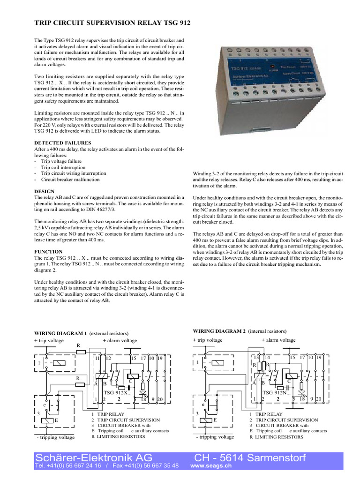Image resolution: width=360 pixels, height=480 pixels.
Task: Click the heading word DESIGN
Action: point(45,191)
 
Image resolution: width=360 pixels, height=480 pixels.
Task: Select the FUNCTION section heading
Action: point(49,251)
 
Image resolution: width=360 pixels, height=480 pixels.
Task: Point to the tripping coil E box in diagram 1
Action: point(50,420)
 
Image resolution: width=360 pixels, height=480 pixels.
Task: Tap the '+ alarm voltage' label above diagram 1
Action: point(120,340)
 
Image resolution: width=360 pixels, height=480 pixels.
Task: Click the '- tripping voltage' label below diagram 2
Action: point(215,437)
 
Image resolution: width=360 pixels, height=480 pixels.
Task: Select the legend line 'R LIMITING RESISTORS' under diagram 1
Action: point(118,436)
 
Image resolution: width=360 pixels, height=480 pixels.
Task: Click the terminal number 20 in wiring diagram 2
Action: point(318,399)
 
